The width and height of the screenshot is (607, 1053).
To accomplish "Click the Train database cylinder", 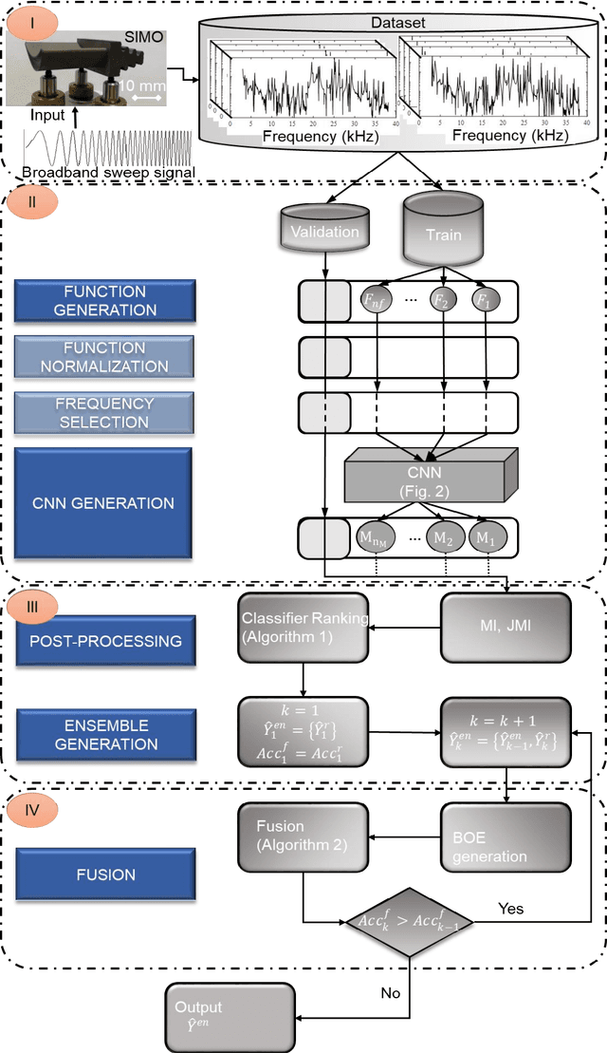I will click(x=444, y=230).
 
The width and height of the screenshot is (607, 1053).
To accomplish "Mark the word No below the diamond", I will click(x=390, y=992).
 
